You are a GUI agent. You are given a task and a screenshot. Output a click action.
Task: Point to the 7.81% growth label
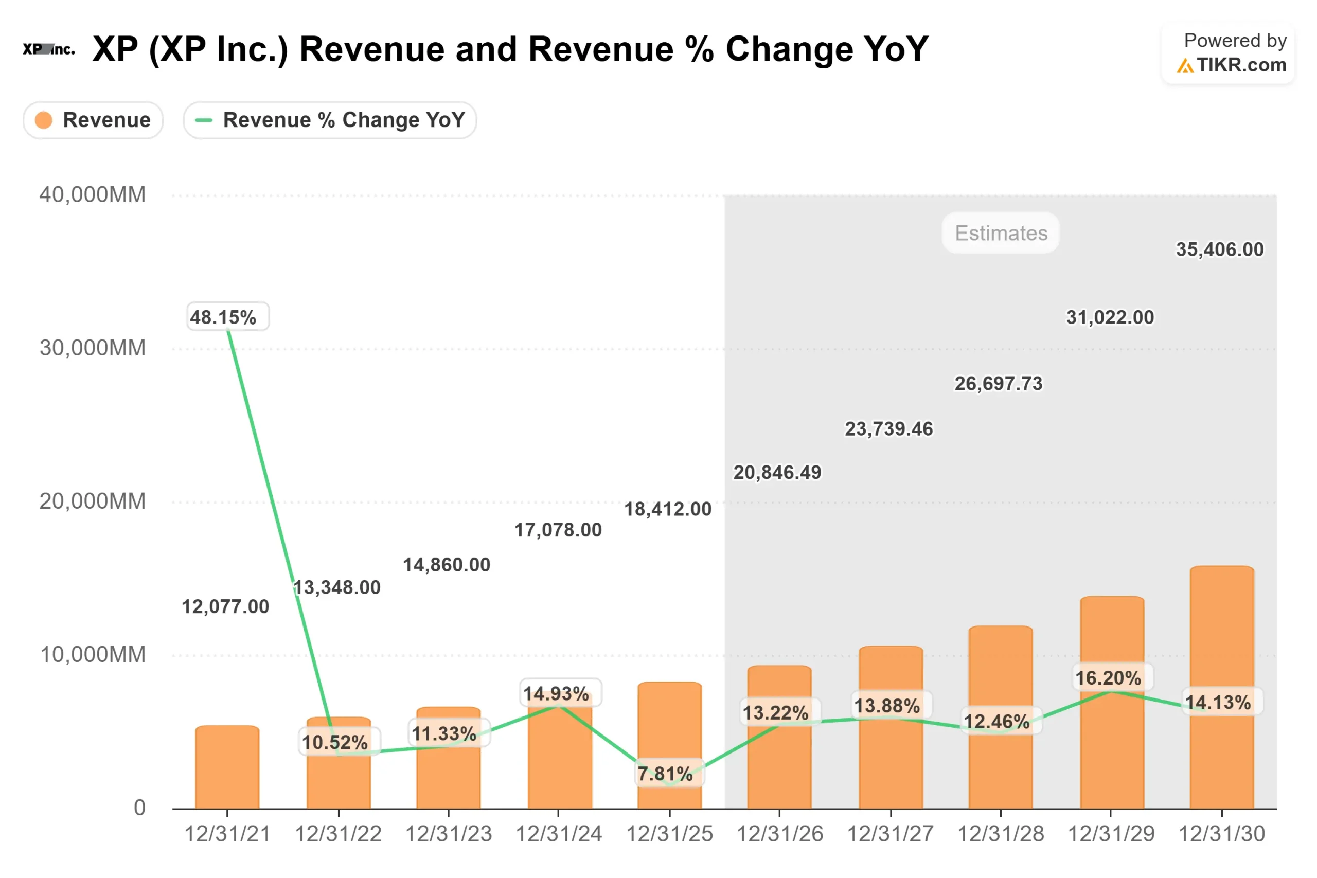tap(665, 774)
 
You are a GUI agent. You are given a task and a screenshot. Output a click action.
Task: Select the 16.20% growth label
tap(1108, 678)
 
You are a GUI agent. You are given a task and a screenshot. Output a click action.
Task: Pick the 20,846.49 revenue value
tap(777, 473)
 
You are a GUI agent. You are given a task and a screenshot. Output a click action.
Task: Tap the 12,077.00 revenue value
tap(225, 606)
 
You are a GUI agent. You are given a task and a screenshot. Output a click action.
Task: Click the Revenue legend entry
tap(93, 120)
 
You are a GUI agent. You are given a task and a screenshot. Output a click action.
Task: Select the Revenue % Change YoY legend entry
tap(330, 120)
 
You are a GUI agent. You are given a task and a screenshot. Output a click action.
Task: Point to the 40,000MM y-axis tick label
tap(93, 195)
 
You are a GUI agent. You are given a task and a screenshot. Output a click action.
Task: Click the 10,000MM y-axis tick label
tap(93, 655)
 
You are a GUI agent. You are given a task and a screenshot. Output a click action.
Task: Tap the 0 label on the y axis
tap(139, 808)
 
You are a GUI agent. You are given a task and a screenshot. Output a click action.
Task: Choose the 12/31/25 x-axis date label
tap(669, 834)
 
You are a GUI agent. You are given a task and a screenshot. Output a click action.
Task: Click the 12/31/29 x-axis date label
tap(1111, 834)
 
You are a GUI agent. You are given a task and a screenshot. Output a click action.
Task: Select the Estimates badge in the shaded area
tap(1001, 233)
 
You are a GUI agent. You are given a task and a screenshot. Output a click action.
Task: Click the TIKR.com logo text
tap(1241, 65)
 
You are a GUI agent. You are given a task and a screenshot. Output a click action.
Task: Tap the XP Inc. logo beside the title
tap(49, 49)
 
